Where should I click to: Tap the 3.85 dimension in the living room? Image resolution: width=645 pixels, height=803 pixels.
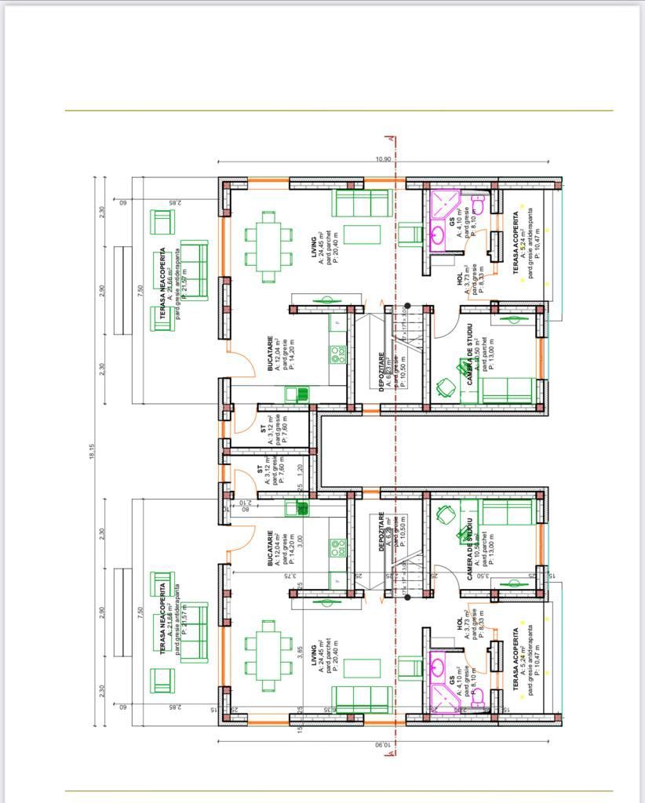point(300,652)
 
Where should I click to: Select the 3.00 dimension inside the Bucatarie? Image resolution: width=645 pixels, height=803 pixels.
point(300,540)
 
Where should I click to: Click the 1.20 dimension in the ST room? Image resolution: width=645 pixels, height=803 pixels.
point(300,471)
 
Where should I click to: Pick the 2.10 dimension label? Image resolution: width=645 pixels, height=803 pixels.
point(244,503)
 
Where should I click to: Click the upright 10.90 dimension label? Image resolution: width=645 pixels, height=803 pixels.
point(383,159)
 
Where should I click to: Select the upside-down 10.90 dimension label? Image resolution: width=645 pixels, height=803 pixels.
point(383,744)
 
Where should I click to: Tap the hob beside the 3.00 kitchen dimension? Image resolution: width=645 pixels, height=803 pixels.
point(338,547)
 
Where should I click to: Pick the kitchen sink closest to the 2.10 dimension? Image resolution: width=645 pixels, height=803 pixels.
point(302,507)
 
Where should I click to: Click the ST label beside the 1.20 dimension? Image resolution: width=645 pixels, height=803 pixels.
point(260,470)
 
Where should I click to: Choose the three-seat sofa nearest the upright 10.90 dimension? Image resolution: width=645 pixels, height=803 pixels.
point(362,202)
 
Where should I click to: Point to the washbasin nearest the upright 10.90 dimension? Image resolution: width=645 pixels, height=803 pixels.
point(437,233)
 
